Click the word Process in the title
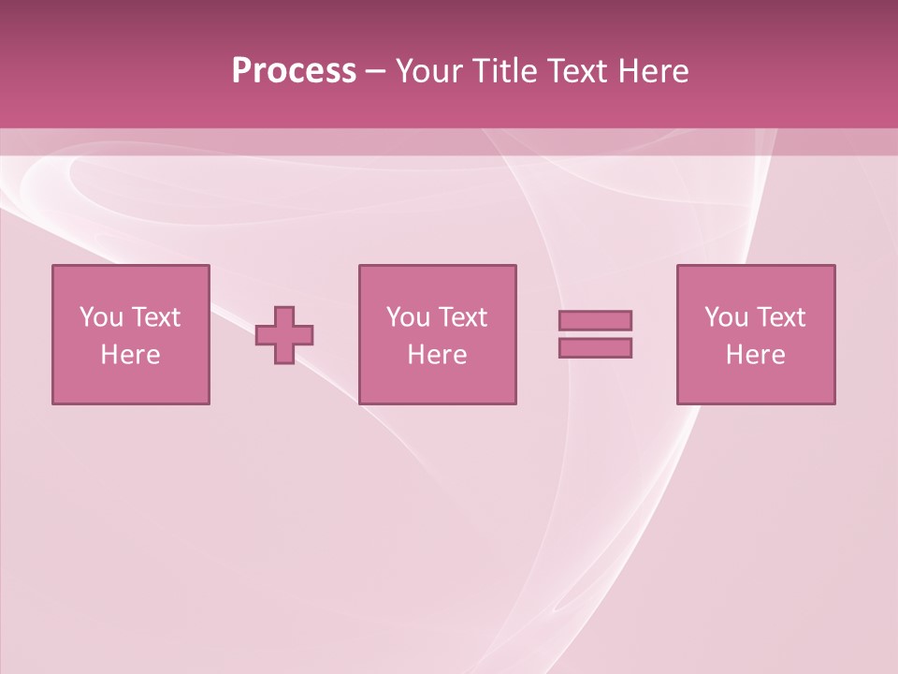click(294, 71)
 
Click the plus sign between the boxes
click(284, 335)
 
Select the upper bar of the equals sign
click(595, 320)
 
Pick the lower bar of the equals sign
click(595, 347)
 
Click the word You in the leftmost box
click(100, 317)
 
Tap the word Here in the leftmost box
click(130, 355)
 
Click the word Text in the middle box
click(462, 317)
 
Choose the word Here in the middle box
click(437, 355)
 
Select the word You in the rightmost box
click(726, 317)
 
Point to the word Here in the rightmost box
click(755, 355)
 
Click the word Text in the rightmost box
click(780, 317)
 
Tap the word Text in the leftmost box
click(155, 317)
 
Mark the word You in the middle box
click(408, 317)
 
